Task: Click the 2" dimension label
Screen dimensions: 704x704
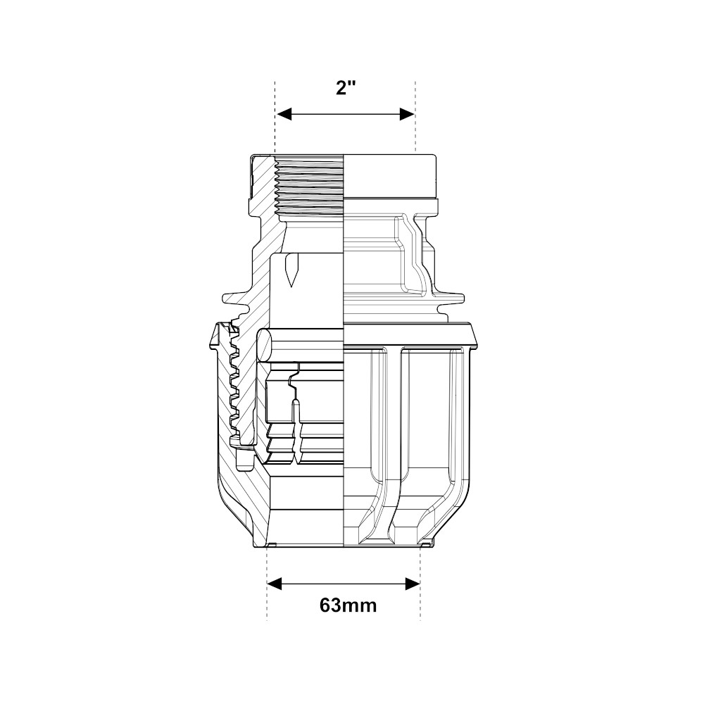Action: point(346,87)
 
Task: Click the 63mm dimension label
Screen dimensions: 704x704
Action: point(348,605)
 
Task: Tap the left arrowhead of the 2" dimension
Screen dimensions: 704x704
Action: point(284,114)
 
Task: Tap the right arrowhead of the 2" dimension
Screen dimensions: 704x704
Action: point(407,114)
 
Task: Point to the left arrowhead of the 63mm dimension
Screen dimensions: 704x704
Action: point(275,584)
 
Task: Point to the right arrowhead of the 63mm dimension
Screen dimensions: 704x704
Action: point(412,584)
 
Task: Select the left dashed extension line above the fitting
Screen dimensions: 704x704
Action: point(275,117)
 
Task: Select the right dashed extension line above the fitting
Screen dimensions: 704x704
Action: point(415,117)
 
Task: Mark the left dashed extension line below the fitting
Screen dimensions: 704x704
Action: point(267,584)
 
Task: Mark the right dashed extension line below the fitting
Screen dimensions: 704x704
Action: point(420,584)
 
